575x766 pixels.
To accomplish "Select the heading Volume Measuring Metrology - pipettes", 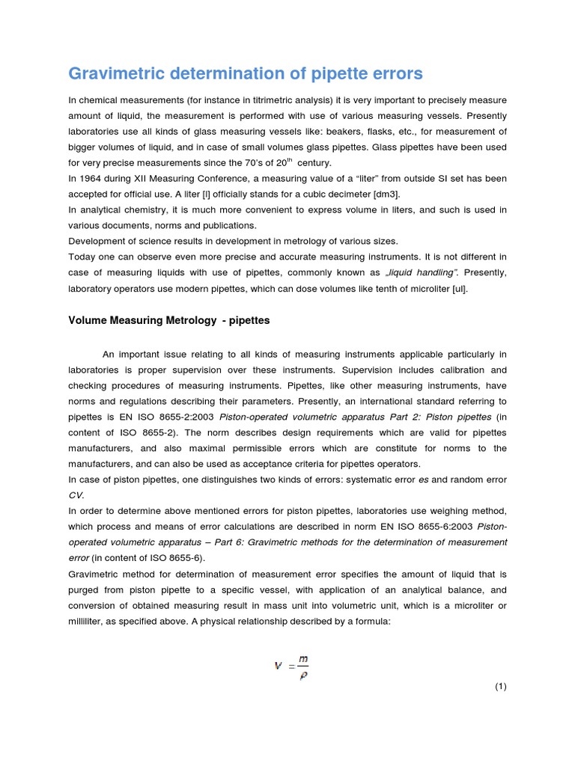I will [169, 320].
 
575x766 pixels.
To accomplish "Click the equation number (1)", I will [500, 686].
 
